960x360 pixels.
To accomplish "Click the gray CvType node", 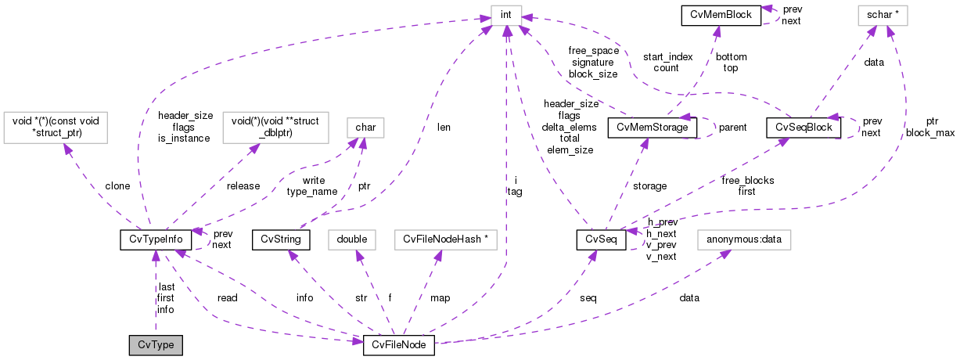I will point(156,345).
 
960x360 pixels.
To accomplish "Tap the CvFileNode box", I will point(398,345).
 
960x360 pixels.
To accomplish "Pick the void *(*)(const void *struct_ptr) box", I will point(56,127).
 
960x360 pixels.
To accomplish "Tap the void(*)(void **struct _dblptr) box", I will point(275,127).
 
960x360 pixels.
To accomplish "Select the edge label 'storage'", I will point(649,186).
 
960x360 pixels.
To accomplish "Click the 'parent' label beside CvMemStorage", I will point(732,127).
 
